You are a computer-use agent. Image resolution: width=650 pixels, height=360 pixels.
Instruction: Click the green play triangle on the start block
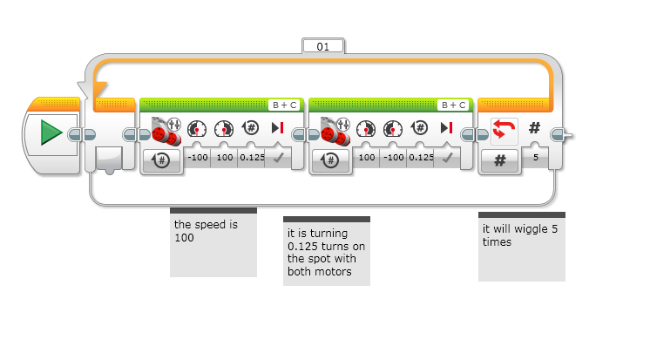coord(51,133)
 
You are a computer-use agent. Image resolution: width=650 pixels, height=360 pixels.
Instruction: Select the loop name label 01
coord(323,45)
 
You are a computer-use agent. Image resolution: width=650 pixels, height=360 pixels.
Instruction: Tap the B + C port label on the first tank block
coord(281,105)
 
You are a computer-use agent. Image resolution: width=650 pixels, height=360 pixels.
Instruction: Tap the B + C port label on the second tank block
coord(451,105)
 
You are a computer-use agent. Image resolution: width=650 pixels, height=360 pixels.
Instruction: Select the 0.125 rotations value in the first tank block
coord(251,158)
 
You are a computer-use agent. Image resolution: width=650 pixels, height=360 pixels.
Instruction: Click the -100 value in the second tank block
coord(393,158)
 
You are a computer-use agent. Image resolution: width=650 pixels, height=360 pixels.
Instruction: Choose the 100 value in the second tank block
coord(366,158)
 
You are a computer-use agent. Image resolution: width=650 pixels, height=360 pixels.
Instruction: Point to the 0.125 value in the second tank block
coord(421,158)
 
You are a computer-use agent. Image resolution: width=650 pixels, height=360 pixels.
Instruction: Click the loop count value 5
coord(534,158)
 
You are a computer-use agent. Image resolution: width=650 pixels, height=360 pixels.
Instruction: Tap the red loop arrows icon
coord(502,130)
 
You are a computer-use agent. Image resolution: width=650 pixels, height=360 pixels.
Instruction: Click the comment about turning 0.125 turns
coord(326,252)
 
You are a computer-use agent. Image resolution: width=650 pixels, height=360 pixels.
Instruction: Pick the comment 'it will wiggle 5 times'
coord(521,234)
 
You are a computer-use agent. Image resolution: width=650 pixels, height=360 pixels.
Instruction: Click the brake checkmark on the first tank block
coord(279,158)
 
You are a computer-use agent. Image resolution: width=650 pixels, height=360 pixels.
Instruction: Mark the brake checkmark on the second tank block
coord(448,158)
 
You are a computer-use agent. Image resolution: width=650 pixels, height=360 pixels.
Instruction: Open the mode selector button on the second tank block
coord(332,160)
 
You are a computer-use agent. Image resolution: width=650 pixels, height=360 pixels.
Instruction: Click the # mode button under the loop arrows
coord(501,160)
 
